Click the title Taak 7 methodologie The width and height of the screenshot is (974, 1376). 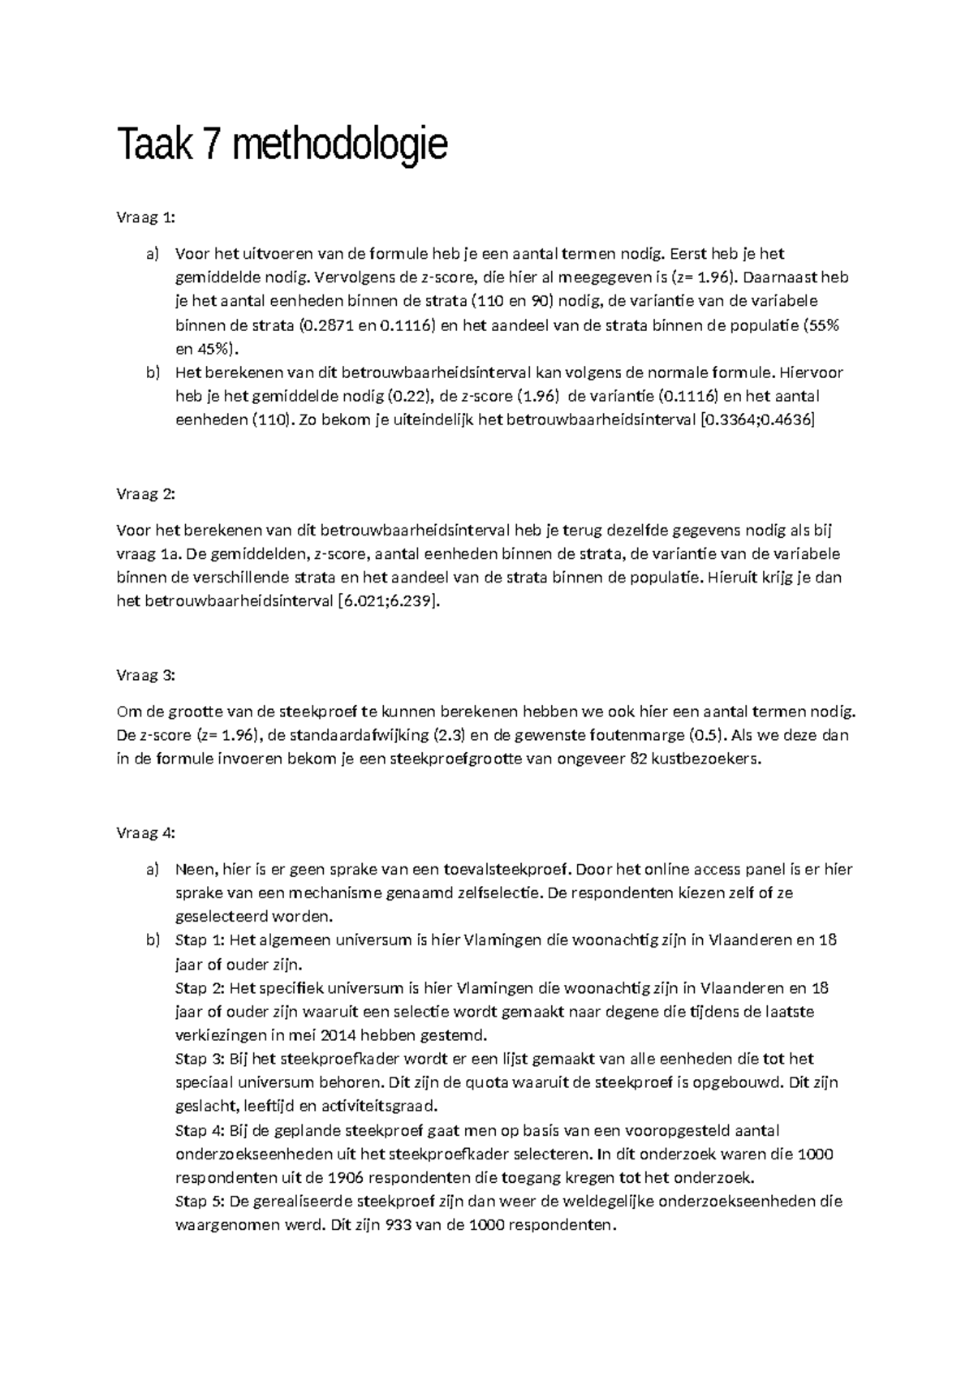pos(282,145)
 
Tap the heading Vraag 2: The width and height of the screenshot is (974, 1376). pos(145,494)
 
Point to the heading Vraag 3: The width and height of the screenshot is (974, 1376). pos(145,675)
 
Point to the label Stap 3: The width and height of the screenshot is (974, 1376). pos(200,1059)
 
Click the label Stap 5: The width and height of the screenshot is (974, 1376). pos(200,1202)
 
